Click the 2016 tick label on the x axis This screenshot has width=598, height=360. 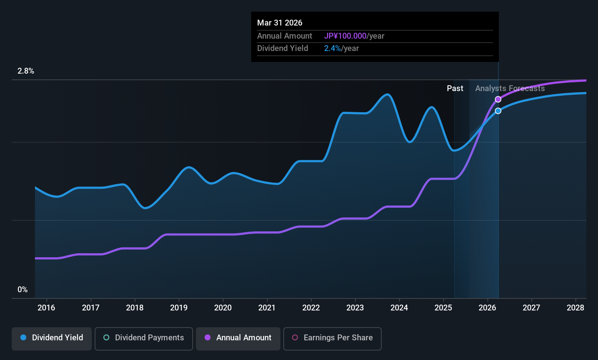pos(46,308)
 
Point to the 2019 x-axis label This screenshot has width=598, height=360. pos(179,308)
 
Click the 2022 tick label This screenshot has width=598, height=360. pos(311,308)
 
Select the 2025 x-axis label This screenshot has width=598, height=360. pos(443,308)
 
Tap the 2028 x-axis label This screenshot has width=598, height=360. pos(575,308)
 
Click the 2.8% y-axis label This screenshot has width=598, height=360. pos(26,71)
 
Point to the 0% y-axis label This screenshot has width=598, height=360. pos(23,290)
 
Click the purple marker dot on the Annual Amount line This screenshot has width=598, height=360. pos(498,99)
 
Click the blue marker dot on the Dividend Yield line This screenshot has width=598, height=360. pos(498,111)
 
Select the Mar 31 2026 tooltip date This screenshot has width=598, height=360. pos(280,23)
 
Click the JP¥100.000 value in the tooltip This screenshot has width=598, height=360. pos(345,36)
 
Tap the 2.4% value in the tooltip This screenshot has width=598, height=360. pos(333,48)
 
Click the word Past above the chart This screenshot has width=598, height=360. pos(455,89)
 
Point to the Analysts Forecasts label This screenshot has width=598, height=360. pos(510,89)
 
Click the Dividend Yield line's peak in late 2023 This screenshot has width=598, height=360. pos(387,95)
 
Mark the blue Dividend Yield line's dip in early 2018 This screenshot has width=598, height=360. pos(145,208)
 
